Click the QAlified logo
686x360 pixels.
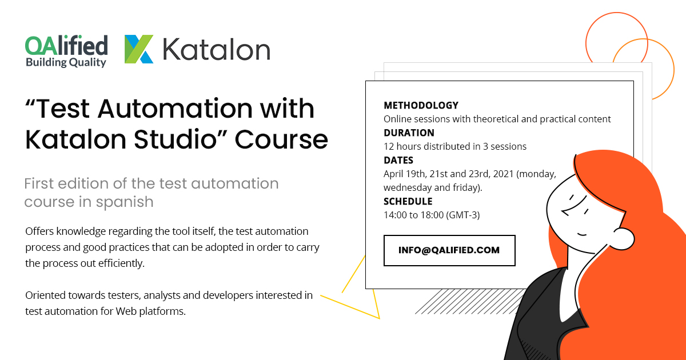66,46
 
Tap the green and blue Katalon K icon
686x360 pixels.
139,49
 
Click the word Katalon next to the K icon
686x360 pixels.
216,50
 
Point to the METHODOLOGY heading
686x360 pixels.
421,105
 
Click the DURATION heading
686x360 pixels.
409,133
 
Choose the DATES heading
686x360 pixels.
398,160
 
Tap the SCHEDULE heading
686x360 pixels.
408,201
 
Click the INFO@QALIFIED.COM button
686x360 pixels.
449,250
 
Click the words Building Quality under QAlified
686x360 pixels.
66,62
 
